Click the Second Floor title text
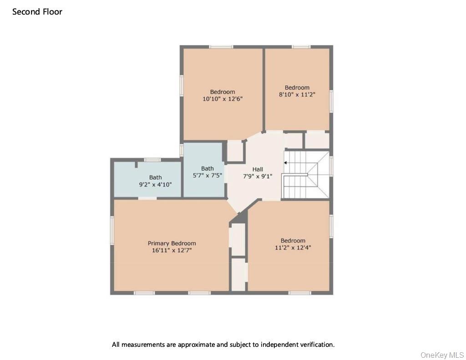[x=37, y=12]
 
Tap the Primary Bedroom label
[x=172, y=243]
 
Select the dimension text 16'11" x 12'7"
[x=172, y=250]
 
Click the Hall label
[x=258, y=169]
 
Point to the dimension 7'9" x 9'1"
[x=258, y=176]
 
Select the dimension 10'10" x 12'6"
[x=223, y=98]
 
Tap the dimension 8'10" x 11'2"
[x=297, y=94]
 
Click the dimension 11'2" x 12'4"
[x=293, y=248]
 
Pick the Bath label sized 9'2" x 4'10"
[x=155, y=177]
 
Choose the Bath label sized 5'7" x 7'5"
[x=207, y=168]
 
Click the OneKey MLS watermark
[x=442, y=355]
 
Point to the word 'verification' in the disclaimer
[x=316, y=345]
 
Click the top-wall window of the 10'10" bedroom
[x=221, y=46]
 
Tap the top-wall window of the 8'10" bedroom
[x=301, y=46]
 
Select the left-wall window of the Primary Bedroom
[x=112, y=230]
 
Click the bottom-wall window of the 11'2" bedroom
[x=299, y=293]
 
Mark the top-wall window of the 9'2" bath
[x=152, y=160]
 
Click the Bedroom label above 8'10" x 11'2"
[x=297, y=87]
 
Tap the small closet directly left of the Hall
[x=234, y=151]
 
